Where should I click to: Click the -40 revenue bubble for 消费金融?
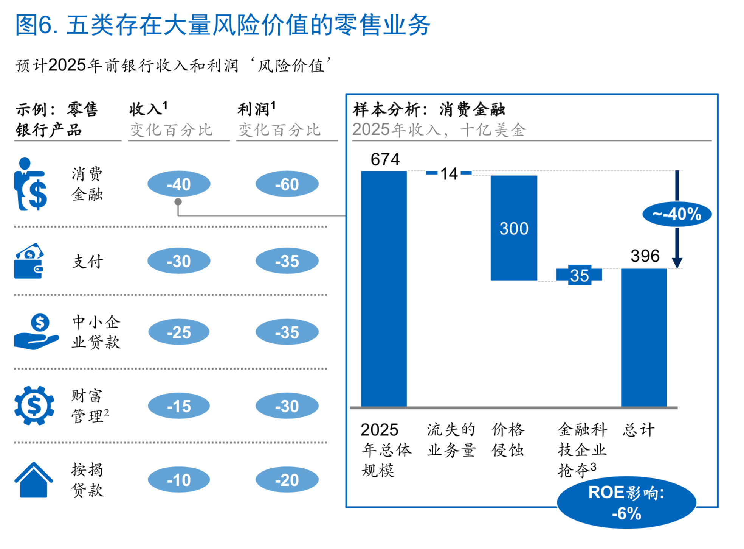click(x=178, y=184)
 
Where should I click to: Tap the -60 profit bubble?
click(x=287, y=184)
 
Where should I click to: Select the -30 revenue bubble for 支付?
click(x=178, y=261)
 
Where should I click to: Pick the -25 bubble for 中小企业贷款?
click(x=178, y=332)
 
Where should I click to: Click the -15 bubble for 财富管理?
click(x=178, y=406)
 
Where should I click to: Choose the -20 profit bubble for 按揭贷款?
click(x=287, y=480)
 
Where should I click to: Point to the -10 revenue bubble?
click(x=178, y=480)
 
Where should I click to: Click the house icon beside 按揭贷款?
click(x=33, y=480)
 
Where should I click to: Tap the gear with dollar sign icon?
click(x=34, y=406)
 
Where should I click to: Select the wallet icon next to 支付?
click(x=29, y=261)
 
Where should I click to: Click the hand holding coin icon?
click(x=36, y=332)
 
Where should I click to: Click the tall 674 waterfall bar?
click(x=384, y=289)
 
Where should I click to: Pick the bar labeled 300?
click(x=513, y=228)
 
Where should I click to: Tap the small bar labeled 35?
click(x=579, y=275)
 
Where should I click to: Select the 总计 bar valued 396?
click(x=643, y=338)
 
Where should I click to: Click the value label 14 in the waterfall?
click(x=449, y=174)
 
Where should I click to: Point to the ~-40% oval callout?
click(x=676, y=214)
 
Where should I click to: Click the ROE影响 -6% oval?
click(x=626, y=502)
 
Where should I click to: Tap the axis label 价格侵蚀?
click(x=508, y=440)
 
